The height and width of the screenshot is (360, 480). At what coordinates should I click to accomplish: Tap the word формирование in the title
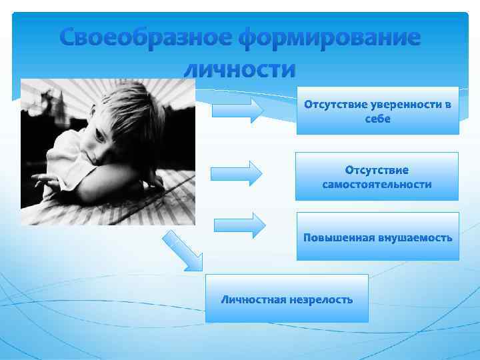[x=330, y=38]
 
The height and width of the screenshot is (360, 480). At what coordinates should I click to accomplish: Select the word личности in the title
[x=239, y=69]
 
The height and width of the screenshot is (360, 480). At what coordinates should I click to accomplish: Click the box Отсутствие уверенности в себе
[x=377, y=111]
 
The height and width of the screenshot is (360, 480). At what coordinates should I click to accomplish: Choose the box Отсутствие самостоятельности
[x=377, y=177]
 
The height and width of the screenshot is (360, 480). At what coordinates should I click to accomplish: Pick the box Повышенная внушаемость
[x=377, y=237]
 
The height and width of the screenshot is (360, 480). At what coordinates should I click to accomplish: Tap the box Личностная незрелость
[x=287, y=299]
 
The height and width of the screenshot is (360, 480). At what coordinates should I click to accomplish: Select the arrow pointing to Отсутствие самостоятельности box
[x=237, y=173]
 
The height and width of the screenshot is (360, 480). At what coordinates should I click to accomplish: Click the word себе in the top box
[x=377, y=119]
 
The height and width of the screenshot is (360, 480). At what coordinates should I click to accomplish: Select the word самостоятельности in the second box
[x=377, y=184]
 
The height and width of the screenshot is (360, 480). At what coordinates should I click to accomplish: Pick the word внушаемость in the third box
[x=413, y=237]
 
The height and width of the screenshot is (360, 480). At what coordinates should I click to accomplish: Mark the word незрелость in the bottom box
[x=321, y=299]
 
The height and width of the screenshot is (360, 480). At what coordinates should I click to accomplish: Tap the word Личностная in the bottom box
[x=254, y=299]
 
